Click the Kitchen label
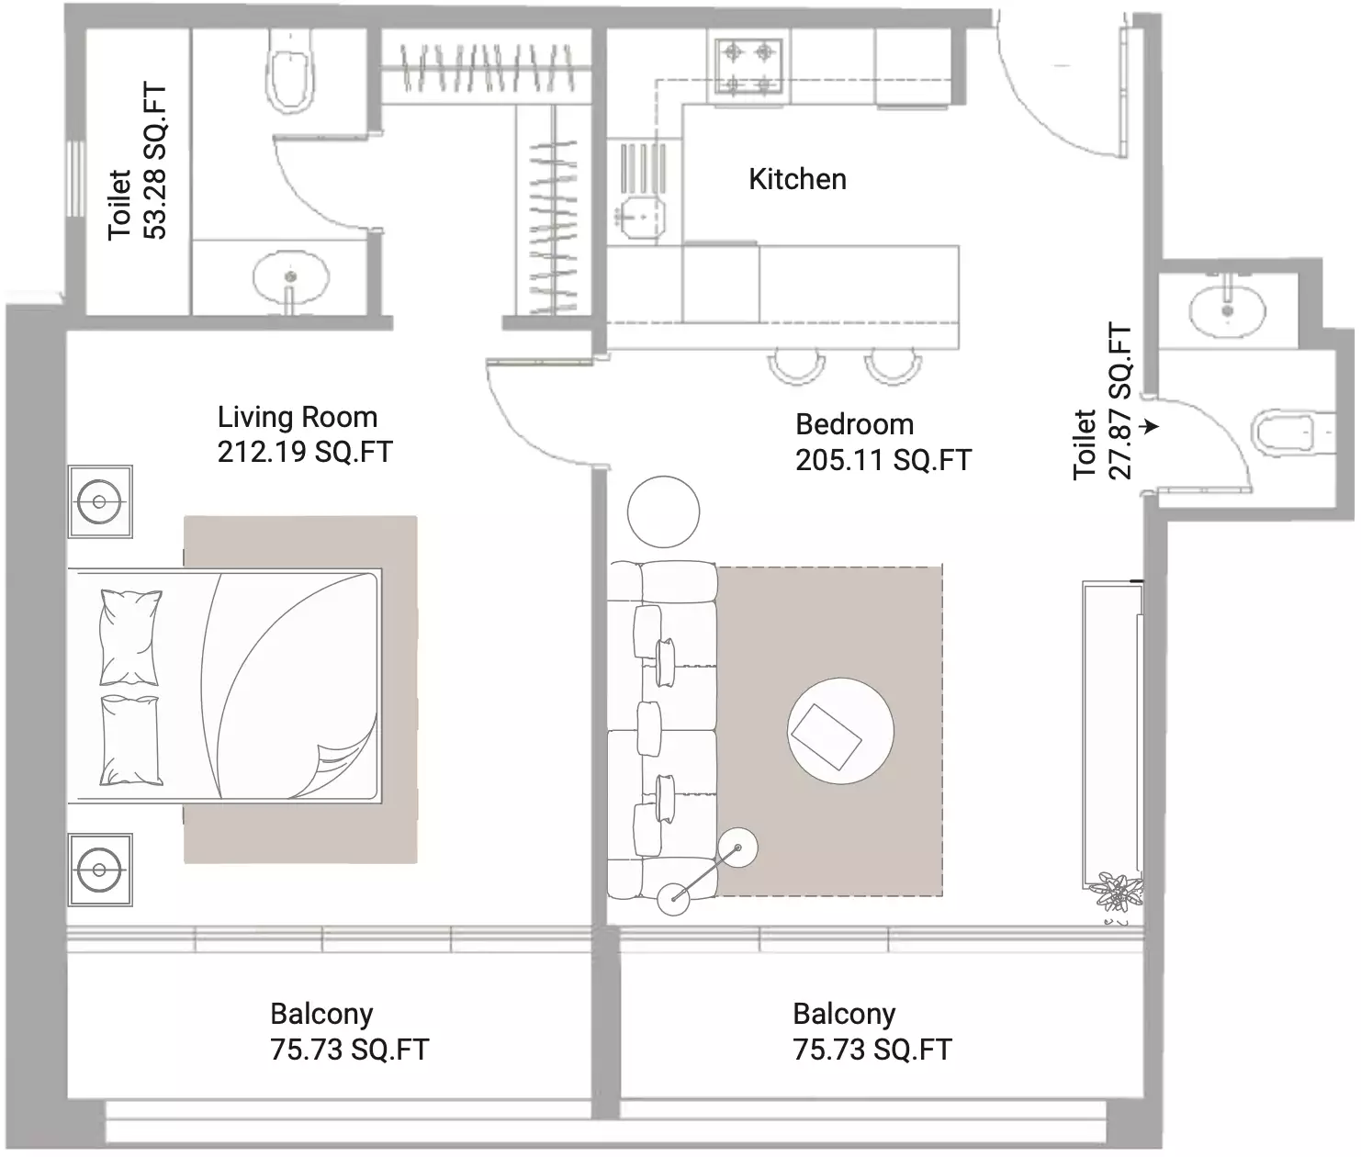coord(797,179)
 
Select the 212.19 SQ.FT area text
coord(305,453)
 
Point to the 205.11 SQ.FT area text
coord(883,460)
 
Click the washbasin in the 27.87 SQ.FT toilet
coord(1227,309)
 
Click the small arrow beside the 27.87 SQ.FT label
coord(1150,427)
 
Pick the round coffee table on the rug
coord(840,731)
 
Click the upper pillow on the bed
coord(130,636)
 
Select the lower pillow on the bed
coord(130,740)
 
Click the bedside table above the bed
coord(99,501)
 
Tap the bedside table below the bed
coord(99,869)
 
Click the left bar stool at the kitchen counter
coord(795,365)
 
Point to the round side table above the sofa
coord(663,511)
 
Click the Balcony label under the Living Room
coord(321,1014)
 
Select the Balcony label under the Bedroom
coord(844,1014)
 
